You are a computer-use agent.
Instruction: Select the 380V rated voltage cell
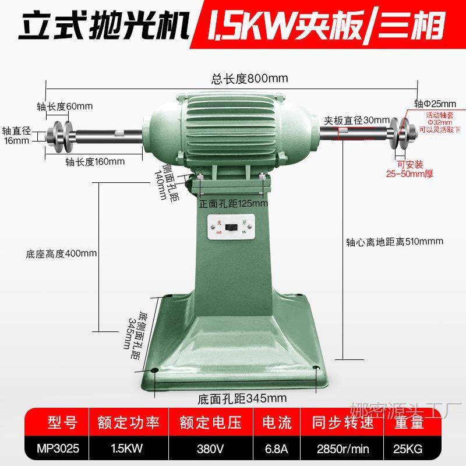[211, 449]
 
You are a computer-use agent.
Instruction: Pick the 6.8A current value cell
[277, 449]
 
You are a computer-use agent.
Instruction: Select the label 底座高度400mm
[61, 254]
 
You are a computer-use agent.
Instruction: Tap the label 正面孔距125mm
[234, 204]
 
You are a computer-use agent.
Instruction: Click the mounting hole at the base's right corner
[315, 368]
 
